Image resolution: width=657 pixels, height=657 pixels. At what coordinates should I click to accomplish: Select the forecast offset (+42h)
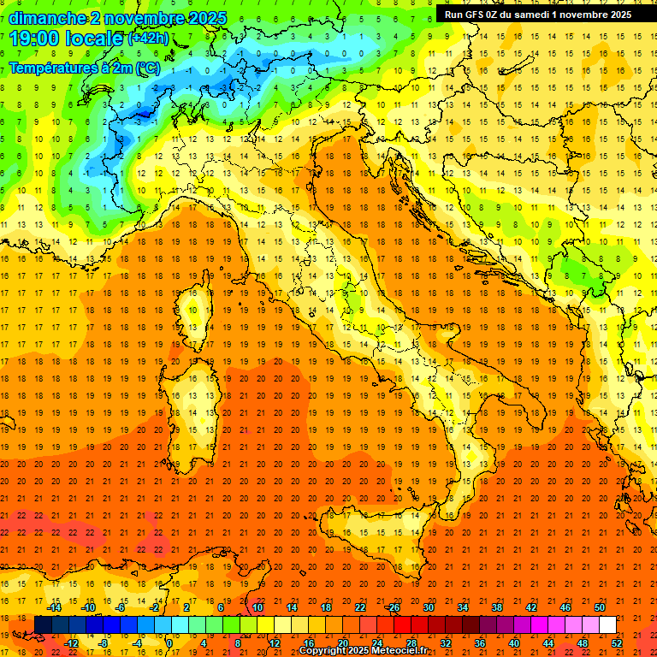pyautogui.click(x=147, y=38)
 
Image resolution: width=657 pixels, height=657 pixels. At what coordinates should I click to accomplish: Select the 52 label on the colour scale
pyautogui.click(x=618, y=643)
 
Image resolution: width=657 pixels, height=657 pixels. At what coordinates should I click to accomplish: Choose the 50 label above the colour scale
pyautogui.click(x=600, y=607)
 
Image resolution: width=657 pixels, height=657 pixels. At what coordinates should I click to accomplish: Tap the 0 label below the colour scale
pyautogui.click(x=170, y=643)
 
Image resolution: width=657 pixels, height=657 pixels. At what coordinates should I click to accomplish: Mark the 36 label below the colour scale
pyautogui.click(x=480, y=643)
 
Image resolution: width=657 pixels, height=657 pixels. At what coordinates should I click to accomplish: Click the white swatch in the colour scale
pyautogui.click(x=607, y=625)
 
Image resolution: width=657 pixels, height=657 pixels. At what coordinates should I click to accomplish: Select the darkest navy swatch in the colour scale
pyautogui.click(x=43, y=625)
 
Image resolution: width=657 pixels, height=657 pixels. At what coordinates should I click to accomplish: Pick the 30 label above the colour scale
pyautogui.click(x=428, y=607)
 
